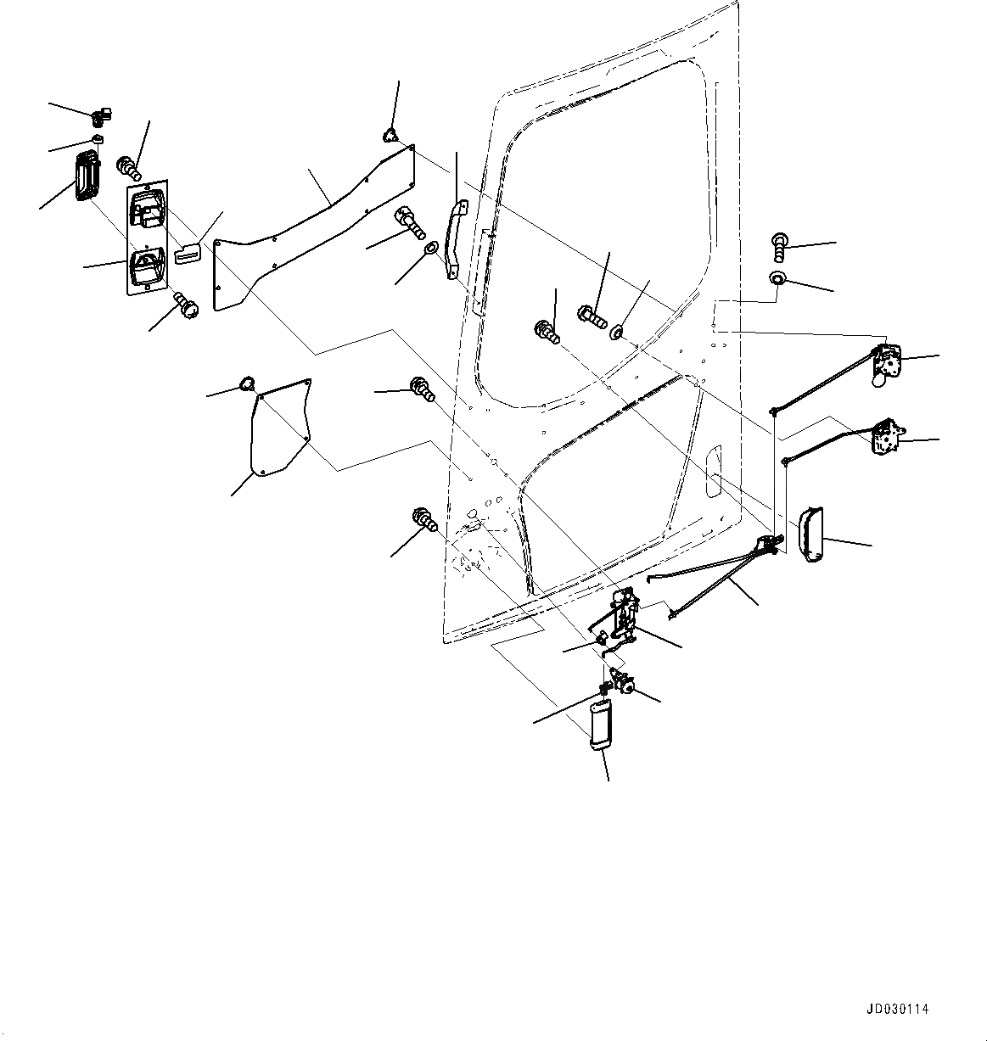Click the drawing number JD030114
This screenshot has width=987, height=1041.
tap(898, 1010)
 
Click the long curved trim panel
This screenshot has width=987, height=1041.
tap(314, 221)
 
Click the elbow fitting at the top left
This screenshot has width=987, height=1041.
tap(103, 115)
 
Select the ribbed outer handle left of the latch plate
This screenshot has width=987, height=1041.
tap(87, 176)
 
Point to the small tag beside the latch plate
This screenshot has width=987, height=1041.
tap(188, 253)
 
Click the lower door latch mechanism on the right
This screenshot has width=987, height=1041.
tap(886, 435)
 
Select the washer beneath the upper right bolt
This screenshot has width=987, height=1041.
tap(778, 278)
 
